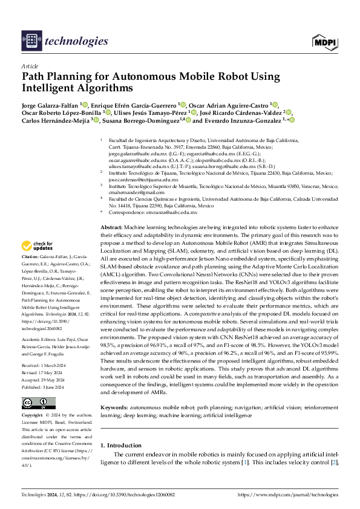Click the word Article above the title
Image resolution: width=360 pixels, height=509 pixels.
(29, 65)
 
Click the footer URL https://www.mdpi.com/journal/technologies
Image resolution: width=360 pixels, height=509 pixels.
(288, 494)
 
